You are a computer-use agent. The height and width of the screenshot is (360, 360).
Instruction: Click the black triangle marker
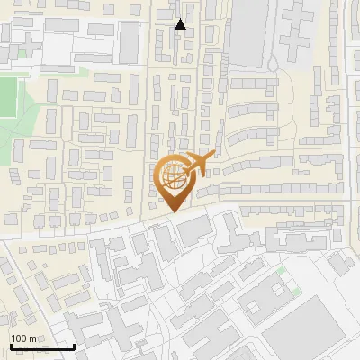click(x=180, y=24)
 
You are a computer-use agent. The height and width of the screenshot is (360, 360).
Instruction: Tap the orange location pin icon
click(x=174, y=179)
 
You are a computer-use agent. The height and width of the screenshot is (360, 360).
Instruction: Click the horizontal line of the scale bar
click(x=41, y=346)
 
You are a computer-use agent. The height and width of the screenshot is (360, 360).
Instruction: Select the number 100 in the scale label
click(x=18, y=337)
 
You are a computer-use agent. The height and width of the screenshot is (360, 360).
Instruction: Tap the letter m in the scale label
click(x=31, y=337)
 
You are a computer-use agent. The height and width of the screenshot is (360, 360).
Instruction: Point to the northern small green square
click(x=282, y=269)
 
